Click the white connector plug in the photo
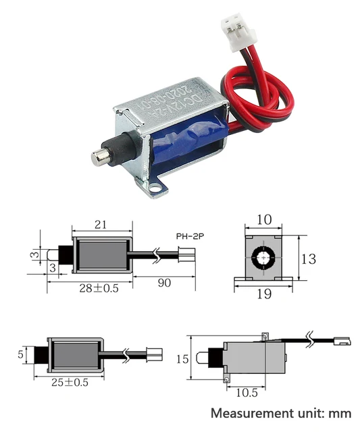point(232,29)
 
